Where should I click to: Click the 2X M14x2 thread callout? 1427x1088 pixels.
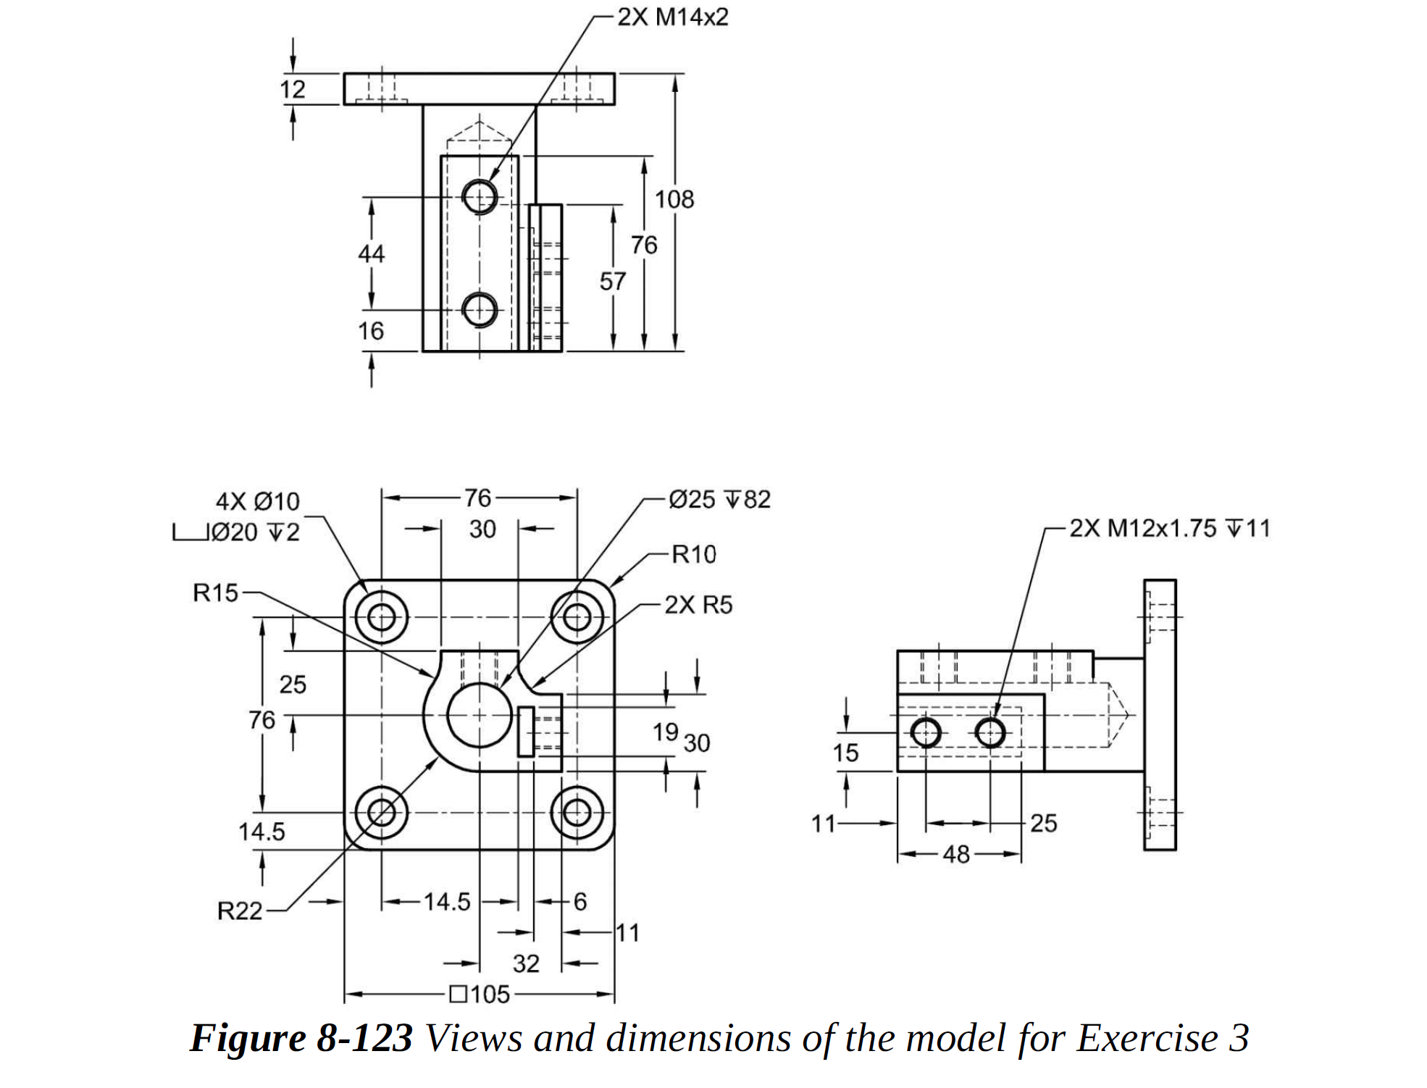coord(672,17)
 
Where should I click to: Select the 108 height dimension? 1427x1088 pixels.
coord(674,199)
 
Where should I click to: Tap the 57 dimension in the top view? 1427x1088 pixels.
coord(612,281)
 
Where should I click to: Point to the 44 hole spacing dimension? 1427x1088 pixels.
coord(371,254)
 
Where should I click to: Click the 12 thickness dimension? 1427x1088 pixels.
coord(293,89)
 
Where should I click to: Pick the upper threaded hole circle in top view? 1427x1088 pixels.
coord(480,196)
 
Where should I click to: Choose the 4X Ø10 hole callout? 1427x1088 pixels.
coord(258,501)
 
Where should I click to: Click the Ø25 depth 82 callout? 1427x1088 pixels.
coord(719,499)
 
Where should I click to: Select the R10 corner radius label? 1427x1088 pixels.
coord(693,554)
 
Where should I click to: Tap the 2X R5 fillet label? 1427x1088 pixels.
coord(698,605)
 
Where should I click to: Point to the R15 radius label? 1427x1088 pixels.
coord(215,593)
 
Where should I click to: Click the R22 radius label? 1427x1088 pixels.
coord(240,911)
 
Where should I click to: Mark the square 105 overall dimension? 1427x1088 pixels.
coord(480,994)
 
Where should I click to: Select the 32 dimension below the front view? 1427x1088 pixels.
coord(526,963)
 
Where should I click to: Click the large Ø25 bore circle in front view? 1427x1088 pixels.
coord(479,716)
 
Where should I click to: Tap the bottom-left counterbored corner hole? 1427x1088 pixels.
coord(382,812)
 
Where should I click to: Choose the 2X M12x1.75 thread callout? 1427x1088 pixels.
coord(1170,528)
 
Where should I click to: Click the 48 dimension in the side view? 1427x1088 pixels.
coord(956,855)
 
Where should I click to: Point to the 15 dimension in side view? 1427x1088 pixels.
coord(845,753)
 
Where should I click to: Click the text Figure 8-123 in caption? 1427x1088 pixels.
coord(301,1038)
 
